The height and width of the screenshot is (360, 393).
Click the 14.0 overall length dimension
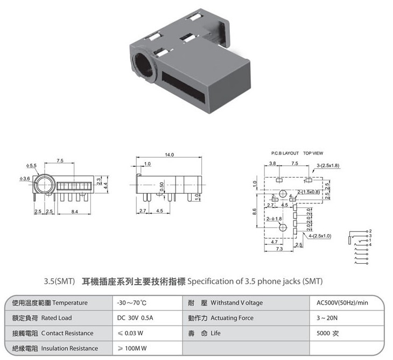[x=169, y=154]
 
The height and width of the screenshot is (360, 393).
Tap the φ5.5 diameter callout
[x=31, y=166]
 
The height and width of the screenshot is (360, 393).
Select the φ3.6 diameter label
[x=25, y=178]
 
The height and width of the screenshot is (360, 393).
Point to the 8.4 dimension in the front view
[x=74, y=211]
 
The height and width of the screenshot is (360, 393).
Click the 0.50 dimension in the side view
[x=162, y=186]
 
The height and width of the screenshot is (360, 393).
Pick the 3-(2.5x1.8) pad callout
[x=328, y=166]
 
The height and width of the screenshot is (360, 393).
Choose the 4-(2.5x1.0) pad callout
[x=320, y=236]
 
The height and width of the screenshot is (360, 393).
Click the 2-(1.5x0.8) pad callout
[x=308, y=192]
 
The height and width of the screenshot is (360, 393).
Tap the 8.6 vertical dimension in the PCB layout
[x=255, y=212]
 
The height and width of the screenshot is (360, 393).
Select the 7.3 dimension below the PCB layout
[x=279, y=249]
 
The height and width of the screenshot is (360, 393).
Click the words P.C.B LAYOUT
[x=285, y=153]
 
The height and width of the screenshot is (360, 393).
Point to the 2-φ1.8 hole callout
[x=274, y=218]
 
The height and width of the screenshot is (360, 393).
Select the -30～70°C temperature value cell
[x=131, y=303]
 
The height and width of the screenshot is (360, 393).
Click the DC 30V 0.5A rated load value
[x=135, y=318]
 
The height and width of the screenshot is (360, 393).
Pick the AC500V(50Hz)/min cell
[x=342, y=303]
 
